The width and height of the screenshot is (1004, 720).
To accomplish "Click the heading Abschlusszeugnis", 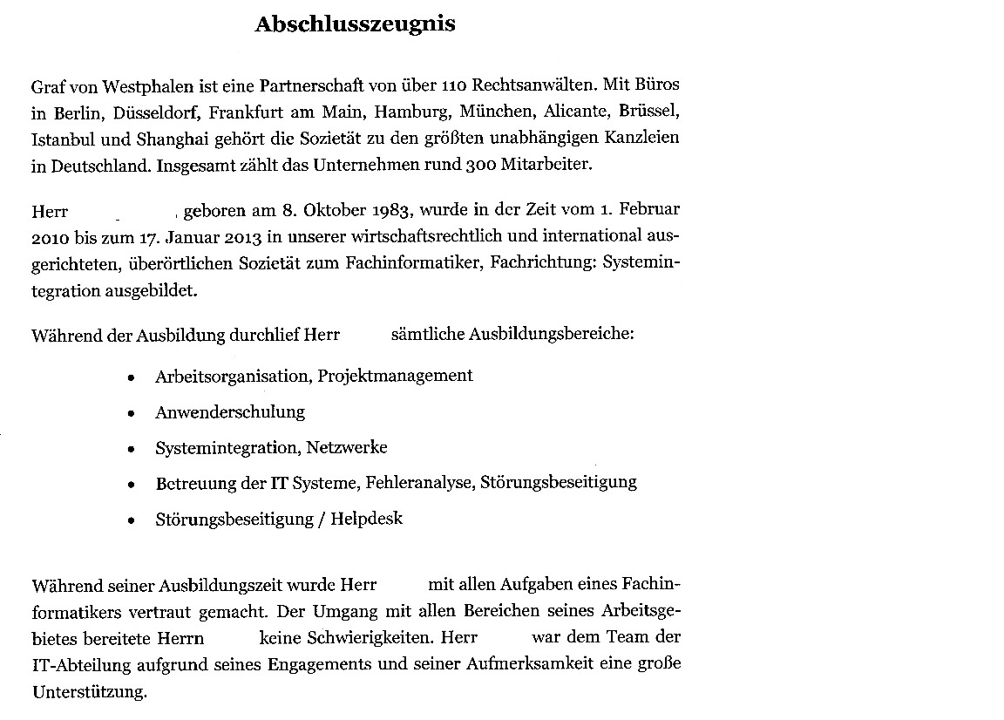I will [355, 24].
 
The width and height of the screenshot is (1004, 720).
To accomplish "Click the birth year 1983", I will [392, 211].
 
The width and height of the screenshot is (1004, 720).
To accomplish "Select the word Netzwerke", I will [346, 448].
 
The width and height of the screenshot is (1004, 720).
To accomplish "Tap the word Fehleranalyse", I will [420, 482].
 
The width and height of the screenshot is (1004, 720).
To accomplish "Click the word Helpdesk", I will [366, 519].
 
